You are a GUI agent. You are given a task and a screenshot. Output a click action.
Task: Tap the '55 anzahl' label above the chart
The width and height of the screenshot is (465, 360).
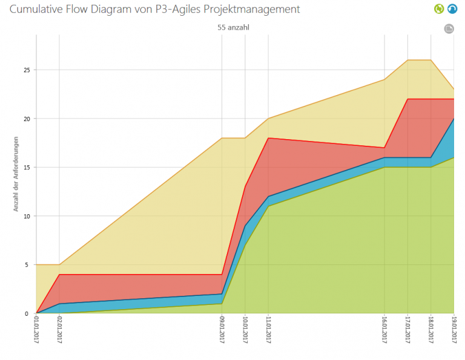pyautogui.click(x=233, y=27)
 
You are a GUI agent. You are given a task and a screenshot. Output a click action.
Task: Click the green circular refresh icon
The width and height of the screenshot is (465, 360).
pyautogui.click(x=438, y=8)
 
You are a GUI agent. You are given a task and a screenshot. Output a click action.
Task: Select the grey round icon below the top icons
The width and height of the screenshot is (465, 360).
pyautogui.click(x=449, y=28)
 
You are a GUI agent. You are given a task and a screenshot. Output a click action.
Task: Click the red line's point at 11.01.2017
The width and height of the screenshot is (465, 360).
pyautogui.click(x=268, y=138)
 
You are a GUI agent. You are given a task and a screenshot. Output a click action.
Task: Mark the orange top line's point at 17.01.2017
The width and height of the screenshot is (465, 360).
pyautogui.click(x=407, y=60)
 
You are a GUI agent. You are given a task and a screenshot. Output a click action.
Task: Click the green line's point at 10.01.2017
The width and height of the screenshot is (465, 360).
pyautogui.click(x=245, y=245)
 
